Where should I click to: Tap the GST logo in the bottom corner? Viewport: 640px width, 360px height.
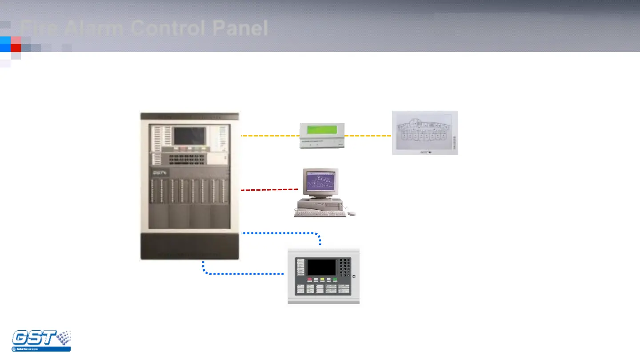click(41, 341)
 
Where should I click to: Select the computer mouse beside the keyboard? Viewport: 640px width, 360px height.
click(352, 213)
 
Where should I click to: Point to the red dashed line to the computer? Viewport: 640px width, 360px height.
click(269, 190)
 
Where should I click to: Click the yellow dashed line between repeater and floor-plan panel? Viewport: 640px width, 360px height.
click(368, 136)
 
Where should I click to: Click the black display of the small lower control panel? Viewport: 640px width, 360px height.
click(321, 267)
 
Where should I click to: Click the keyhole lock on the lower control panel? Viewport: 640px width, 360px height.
click(354, 276)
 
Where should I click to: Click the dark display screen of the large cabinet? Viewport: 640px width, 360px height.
click(190, 136)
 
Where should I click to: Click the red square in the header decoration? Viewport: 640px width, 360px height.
click(16, 48)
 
